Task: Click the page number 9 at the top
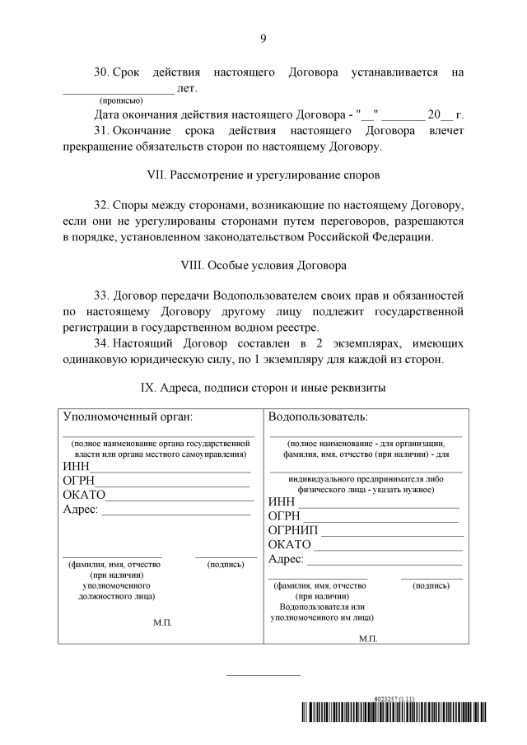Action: tap(263, 38)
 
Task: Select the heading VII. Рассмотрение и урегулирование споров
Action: tap(263, 175)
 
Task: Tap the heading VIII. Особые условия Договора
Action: tap(263, 266)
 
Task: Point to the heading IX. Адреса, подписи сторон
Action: tap(263, 386)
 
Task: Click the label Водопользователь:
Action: tap(318, 417)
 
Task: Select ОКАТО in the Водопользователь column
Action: tap(290, 544)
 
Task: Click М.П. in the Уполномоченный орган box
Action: tap(162, 622)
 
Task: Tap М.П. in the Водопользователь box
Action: tap(368, 638)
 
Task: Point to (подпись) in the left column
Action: tap(226, 565)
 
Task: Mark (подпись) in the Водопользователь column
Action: tap(431, 585)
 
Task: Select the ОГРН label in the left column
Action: tap(78, 481)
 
